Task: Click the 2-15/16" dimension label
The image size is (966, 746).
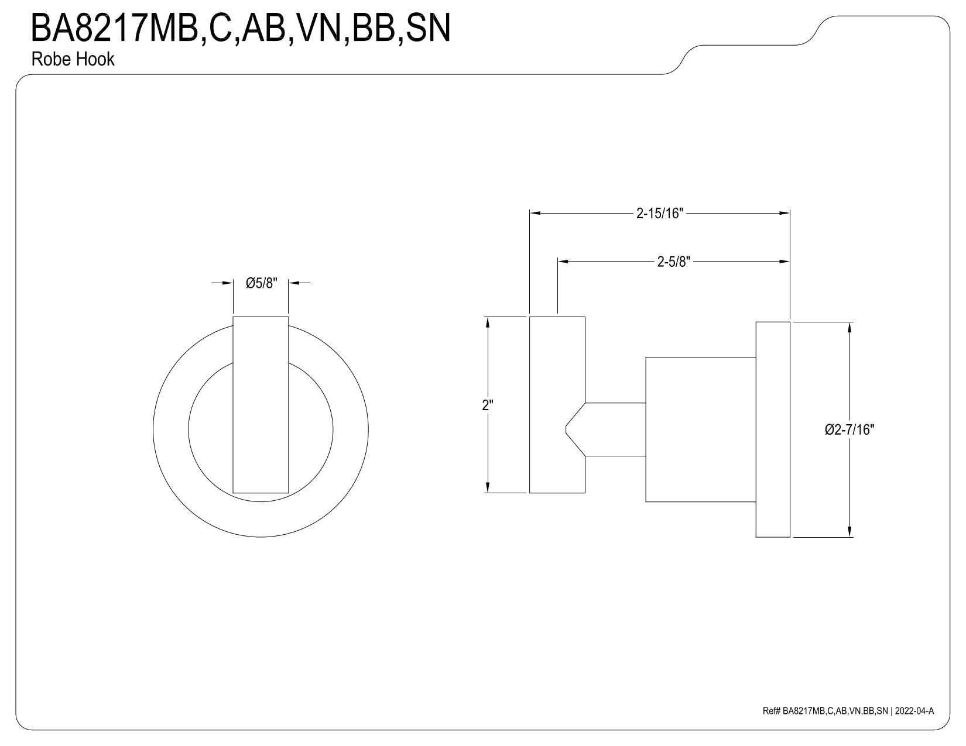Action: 659,214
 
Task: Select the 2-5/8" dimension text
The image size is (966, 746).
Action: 673,262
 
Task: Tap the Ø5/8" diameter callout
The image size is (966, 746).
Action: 261,283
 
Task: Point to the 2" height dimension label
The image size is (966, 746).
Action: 488,405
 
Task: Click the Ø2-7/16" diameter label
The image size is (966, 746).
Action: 849,429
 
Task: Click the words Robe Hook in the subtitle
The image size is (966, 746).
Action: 73,59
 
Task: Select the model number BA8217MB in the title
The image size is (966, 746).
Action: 114,28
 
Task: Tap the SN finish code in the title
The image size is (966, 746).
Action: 428,28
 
